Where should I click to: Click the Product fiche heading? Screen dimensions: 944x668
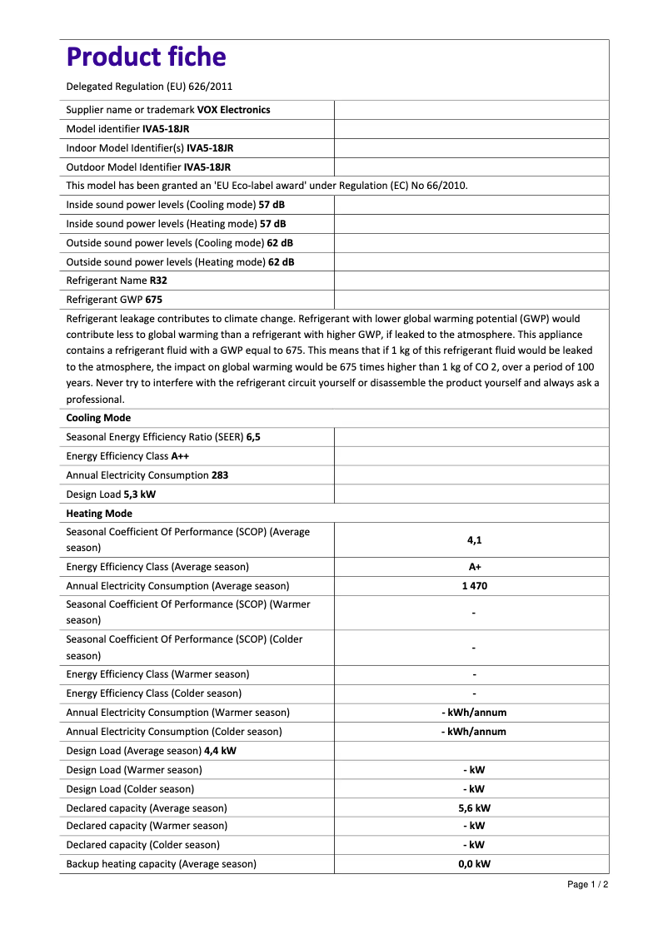coord(146,57)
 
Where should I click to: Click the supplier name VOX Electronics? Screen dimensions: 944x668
coord(233,110)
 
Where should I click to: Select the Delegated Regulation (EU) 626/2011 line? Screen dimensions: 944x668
coord(149,87)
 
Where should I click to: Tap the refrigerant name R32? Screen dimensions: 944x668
coord(158,281)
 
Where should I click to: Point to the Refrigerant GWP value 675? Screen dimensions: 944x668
coord(153,300)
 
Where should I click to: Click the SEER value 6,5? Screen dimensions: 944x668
coord(253,437)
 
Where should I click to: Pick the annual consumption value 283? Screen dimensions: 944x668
coord(220,475)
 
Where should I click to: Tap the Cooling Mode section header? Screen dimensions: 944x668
coord(98,418)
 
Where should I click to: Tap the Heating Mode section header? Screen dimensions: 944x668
coord(99,514)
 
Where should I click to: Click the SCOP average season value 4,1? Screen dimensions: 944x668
coord(474,540)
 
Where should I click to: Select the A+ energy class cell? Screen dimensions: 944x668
coord(474,567)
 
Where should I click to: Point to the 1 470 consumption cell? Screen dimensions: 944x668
coord(474,586)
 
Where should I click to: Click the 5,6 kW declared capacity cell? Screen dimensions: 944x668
coord(474,808)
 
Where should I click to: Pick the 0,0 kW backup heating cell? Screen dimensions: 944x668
coord(474,864)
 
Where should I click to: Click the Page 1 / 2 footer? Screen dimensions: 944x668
coord(587,884)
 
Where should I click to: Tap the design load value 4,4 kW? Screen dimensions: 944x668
coord(220,751)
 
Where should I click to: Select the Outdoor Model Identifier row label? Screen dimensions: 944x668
coord(123,167)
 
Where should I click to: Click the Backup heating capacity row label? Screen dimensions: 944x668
coord(161,864)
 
